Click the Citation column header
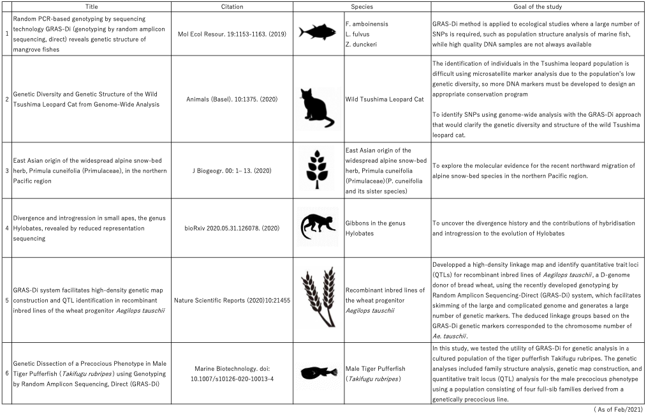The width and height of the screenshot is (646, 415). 232,6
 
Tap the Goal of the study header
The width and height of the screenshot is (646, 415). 538,6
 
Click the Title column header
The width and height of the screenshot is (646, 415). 87,6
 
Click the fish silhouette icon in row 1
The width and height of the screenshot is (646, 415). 317,34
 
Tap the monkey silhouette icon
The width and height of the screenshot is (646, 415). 317,227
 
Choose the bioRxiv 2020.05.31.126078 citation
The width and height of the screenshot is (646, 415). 232,233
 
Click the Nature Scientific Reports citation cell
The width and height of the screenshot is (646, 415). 232,299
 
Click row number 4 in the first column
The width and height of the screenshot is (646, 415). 6,228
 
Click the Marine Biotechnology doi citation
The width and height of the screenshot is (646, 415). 232,374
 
